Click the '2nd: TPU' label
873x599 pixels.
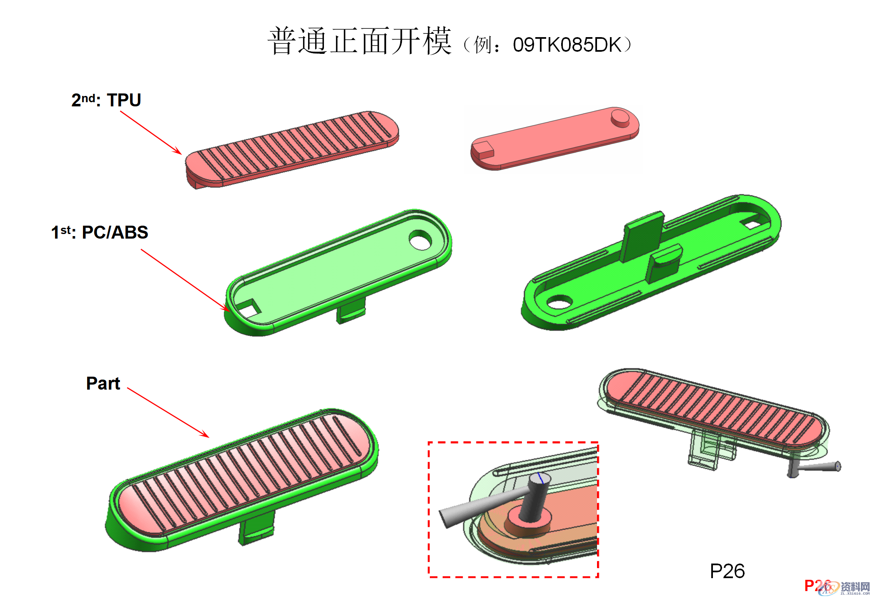tap(106, 100)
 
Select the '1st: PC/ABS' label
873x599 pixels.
tap(99, 232)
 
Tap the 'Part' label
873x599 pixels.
tap(103, 383)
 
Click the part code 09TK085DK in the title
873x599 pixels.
tap(567, 45)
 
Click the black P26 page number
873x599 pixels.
tap(727, 571)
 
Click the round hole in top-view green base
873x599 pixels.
tap(420, 240)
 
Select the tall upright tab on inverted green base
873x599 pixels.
tap(642, 236)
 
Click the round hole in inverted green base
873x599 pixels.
tap(559, 302)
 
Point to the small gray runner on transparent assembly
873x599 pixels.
tap(817, 467)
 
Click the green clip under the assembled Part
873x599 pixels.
tap(256, 528)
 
